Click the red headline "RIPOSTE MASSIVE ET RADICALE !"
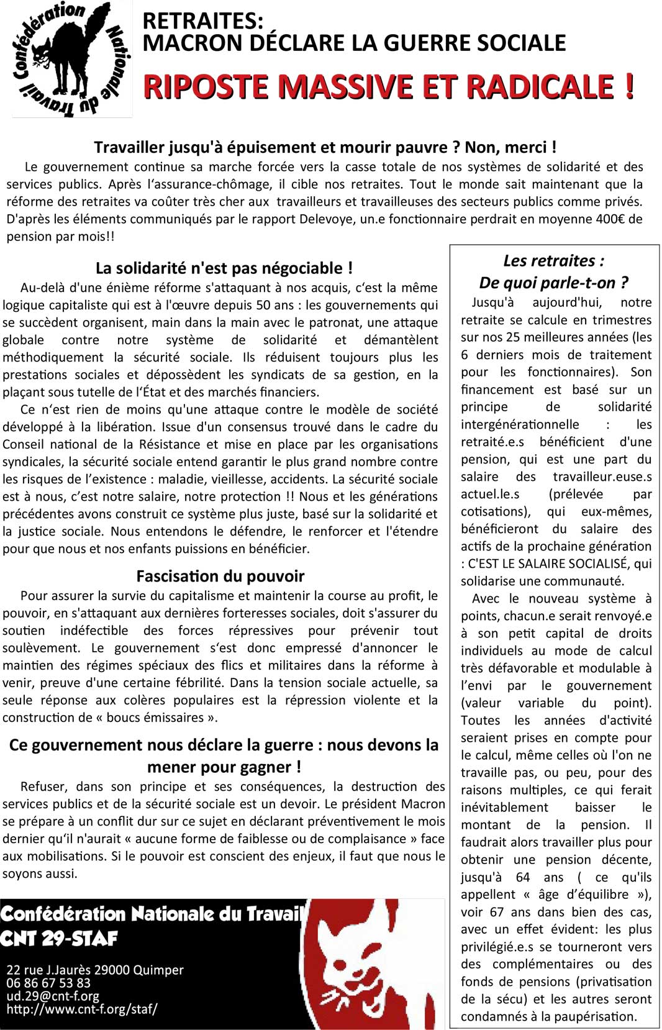pyautogui.click(x=389, y=86)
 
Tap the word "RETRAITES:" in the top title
pyautogui.click(x=203, y=21)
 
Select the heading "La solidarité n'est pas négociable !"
pyautogui.click(x=224, y=268)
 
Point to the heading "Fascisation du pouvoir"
pyautogui.click(x=220, y=576)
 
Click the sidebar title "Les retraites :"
pyautogui.click(x=553, y=261)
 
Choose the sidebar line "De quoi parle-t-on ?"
pyautogui.click(x=553, y=283)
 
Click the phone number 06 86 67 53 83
pyautogui.click(x=48, y=983)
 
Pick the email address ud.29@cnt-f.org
pyautogui.click(x=53, y=996)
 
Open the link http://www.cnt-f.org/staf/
pyautogui.click(x=82, y=1009)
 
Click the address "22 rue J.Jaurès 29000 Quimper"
pyautogui.click(x=95, y=970)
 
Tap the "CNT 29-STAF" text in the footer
pyautogui.click(x=59, y=938)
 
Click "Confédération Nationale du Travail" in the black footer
pyautogui.click(x=151, y=914)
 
